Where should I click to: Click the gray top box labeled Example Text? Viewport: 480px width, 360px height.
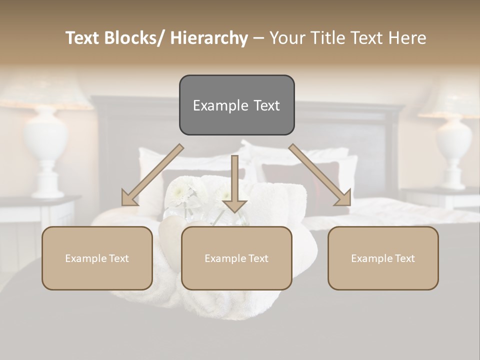[236, 105]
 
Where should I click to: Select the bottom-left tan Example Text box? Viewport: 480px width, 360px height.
[97, 258]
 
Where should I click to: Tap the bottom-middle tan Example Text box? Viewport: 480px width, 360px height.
[236, 258]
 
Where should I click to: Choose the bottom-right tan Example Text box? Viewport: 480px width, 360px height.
[383, 258]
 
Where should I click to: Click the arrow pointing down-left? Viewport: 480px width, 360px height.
[155, 173]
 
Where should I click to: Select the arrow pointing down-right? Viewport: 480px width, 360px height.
[318, 173]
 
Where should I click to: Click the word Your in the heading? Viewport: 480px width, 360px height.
[288, 38]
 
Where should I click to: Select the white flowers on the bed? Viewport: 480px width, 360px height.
[182, 192]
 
